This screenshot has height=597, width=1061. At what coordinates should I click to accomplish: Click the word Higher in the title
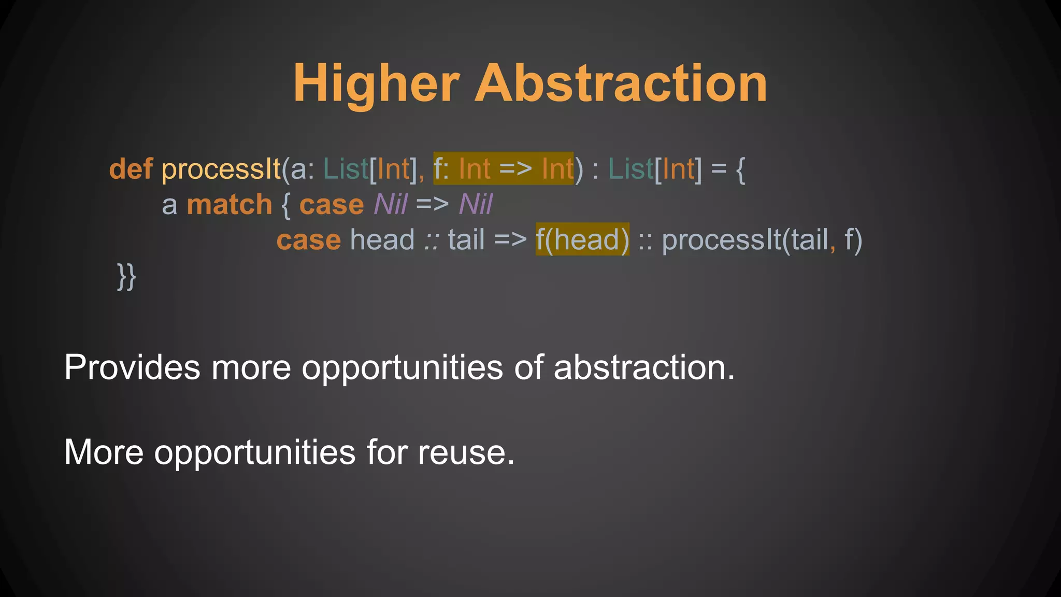click(x=376, y=84)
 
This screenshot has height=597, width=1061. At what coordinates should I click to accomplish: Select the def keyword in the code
click(x=131, y=169)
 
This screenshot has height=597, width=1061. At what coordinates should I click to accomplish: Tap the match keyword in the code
click(x=229, y=205)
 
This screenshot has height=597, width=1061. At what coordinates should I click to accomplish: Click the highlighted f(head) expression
click(x=582, y=240)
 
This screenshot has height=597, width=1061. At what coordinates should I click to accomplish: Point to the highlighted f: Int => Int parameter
click(x=503, y=169)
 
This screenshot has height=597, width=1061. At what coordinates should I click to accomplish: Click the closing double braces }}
click(x=126, y=276)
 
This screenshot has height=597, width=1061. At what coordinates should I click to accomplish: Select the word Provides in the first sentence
click(x=132, y=367)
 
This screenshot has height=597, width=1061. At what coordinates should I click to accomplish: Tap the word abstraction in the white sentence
click(x=644, y=367)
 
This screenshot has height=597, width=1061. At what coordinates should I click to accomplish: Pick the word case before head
click(x=308, y=240)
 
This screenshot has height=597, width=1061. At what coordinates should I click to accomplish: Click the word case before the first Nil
click(x=332, y=205)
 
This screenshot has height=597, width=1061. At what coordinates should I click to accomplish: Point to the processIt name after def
click(x=221, y=169)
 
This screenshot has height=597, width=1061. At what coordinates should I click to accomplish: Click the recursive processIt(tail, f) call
click(x=762, y=240)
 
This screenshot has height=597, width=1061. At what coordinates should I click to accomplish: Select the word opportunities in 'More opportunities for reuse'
click(x=255, y=452)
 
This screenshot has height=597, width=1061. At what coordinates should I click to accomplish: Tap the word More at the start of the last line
click(x=104, y=452)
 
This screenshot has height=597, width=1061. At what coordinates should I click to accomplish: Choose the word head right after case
click(x=382, y=240)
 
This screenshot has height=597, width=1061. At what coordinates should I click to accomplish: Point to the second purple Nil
click(x=476, y=205)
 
